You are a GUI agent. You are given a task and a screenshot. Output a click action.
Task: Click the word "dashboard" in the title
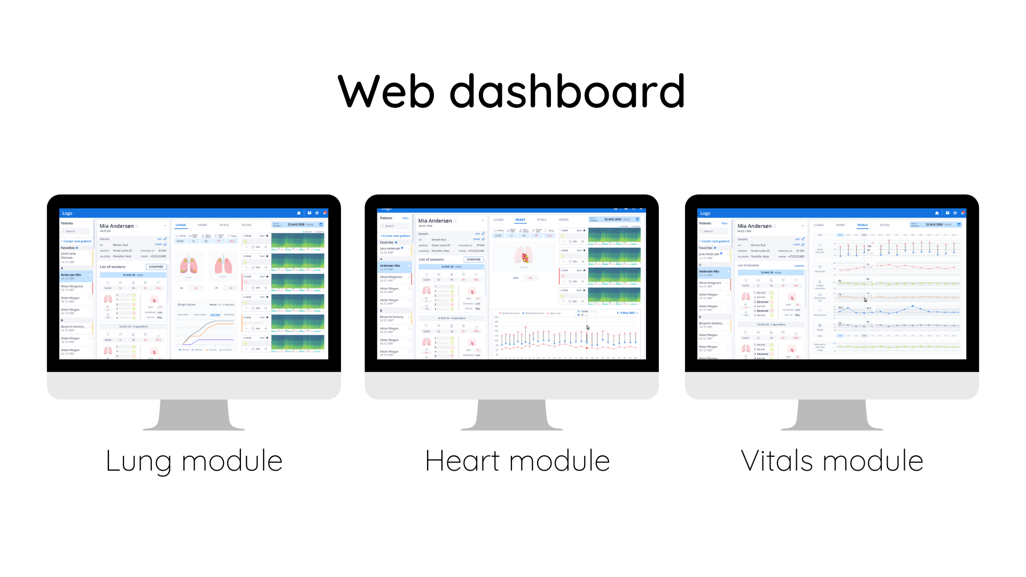(566, 92)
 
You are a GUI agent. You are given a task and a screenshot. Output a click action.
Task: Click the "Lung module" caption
(194, 461)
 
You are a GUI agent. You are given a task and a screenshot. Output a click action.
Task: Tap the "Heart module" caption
(517, 461)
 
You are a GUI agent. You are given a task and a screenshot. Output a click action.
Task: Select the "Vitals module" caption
(832, 461)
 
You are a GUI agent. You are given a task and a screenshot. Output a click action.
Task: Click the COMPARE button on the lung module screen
(156, 267)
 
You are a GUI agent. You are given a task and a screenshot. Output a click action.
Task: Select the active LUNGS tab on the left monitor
(181, 225)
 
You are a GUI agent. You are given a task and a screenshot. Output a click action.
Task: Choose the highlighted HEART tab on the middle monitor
(520, 220)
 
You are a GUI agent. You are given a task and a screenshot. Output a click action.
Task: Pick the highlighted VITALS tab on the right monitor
(862, 225)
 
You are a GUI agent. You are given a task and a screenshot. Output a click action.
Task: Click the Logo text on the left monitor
(67, 213)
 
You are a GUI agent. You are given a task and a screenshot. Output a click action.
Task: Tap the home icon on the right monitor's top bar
(937, 213)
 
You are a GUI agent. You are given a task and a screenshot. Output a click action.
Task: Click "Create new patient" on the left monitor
(77, 241)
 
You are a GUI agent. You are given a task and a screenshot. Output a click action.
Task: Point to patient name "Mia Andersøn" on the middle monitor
(435, 221)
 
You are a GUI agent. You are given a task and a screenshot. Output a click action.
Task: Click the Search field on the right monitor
(713, 231)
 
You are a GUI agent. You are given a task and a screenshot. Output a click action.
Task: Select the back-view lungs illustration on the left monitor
(189, 266)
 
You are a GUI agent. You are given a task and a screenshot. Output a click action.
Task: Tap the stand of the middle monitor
(511, 414)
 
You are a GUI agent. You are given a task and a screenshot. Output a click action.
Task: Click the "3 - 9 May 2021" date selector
(627, 313)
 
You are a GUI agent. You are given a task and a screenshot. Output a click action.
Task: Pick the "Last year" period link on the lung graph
(215, 315)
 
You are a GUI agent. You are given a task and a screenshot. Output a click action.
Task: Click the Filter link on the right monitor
(724, 223)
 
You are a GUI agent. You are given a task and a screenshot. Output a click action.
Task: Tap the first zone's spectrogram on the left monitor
(297, 241)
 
